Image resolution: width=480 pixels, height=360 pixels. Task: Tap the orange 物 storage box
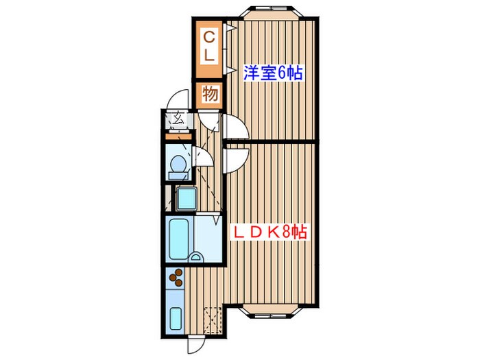click(x=210, y=94)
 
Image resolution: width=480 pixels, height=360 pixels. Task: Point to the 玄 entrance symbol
click(x=177, y=119)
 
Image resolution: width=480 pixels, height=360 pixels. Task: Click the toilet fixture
click(x=178, y=164)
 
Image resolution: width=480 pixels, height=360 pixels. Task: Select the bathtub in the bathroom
click(x=179, y=239)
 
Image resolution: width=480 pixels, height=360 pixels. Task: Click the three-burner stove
click(x=176, y=278)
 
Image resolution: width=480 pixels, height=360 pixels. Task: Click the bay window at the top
click(x=272, y=12)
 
